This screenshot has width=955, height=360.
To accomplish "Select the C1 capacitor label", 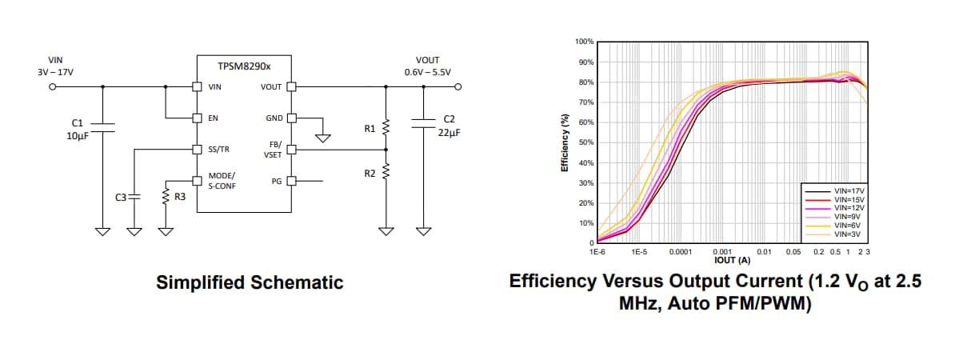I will pyautogui.click(x=78, y=122).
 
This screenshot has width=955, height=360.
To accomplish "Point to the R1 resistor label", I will pyautogui.click(x=369, y=127).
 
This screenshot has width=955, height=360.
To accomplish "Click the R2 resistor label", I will pyautogui.click(x=369, y=174).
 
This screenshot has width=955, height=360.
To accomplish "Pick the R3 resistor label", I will pyautogui.click(x=181, y=196).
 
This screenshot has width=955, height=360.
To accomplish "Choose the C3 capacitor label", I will pyautogui.click(x=121, y=196).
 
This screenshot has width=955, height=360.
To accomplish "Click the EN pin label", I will pyautogui.click(x=214, y=118).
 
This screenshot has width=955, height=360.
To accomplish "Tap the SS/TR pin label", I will pyautogui.click(x=219, y=149).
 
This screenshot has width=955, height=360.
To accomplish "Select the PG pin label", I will pyautogui.click(x=277, y=182).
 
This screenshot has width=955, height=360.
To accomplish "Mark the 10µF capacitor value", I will pyautogui.click(x=78, y=135).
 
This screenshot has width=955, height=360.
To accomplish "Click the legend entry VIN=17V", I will pyautogui.click(x=849, y=191).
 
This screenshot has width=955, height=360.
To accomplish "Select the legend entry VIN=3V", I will pyautogui.click(x=847, y=234).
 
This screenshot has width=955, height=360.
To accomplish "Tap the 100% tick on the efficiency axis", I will pyautogui.click(x=584, y=42).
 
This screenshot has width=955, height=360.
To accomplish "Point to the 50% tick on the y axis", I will pyautogui.click(x=585, y=142).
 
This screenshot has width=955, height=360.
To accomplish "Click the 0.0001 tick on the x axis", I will pyautogui.click(x=679, y=252).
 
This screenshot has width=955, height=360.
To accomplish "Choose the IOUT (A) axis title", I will pyautogui.click(x=732, y=260).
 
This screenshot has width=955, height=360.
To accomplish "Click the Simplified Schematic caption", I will pyautogui.click(x=250, y=282).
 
